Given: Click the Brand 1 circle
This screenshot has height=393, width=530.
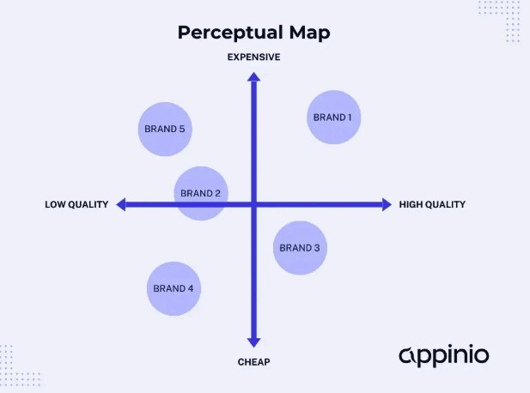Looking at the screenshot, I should point(333,118).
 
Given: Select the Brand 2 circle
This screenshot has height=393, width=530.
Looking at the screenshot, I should point(201,193).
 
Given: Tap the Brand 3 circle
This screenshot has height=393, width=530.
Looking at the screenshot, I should point(300,248).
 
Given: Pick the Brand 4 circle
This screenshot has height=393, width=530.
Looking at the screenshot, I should point(174,289).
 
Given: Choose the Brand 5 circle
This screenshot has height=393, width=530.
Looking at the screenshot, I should point(165,129).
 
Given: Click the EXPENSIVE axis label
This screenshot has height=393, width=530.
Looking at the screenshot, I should point(253,57).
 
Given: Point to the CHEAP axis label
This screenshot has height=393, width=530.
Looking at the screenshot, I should point(253,362).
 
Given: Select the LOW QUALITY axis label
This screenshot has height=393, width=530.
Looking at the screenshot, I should point(76,204).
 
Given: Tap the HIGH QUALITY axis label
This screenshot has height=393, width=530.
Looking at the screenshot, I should point(432,204).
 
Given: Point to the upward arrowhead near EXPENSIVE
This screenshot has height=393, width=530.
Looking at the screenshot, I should point(253,76).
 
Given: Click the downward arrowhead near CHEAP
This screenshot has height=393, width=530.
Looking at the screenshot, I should point(253,342).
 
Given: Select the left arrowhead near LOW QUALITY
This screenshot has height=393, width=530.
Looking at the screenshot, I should point(120,204).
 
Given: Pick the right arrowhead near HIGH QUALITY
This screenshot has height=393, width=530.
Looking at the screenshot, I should point(387,204).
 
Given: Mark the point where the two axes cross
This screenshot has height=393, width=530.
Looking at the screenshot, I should point(253,204).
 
